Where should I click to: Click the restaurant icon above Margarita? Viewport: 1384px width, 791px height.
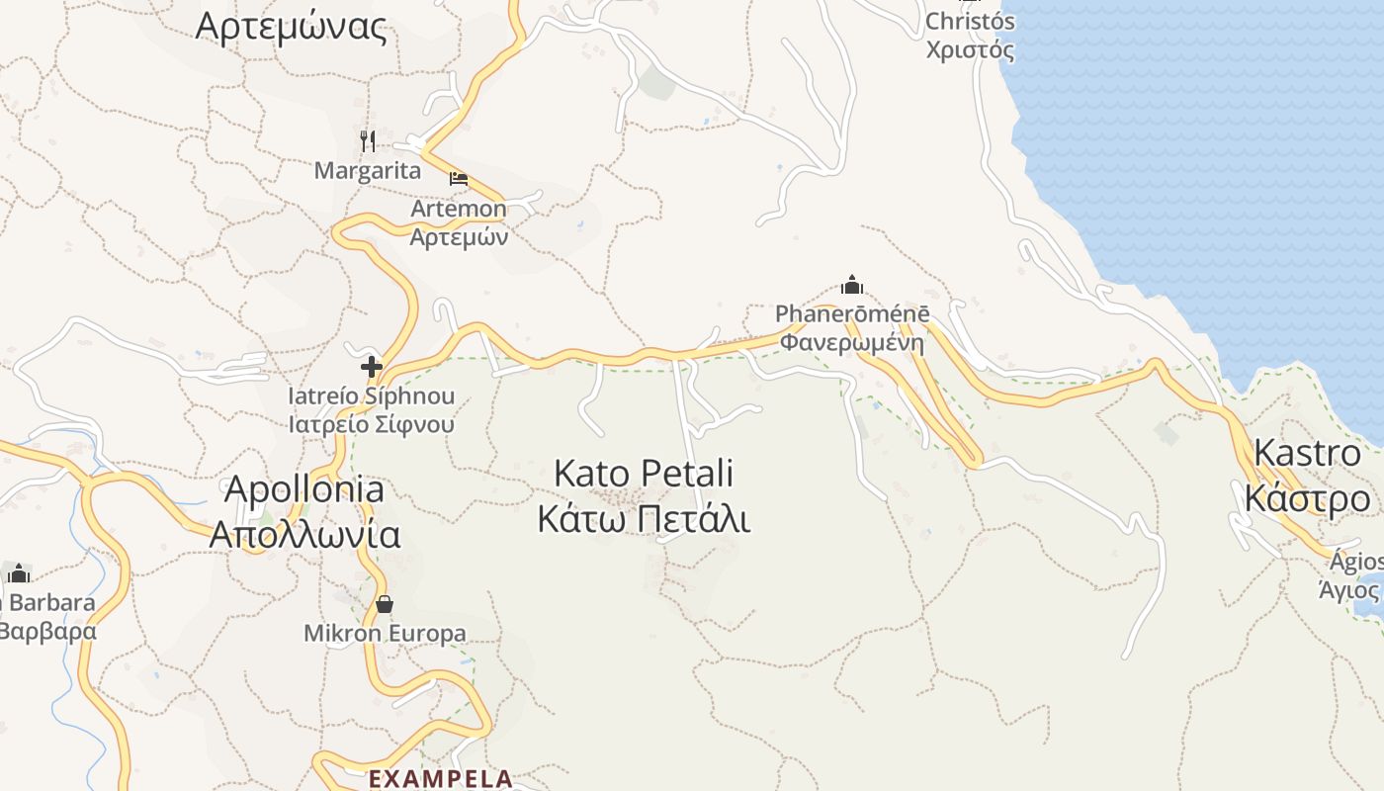pyautogui.click(x=368, y=141)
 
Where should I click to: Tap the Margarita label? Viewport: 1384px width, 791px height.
pyautogui.click(x=368, y=171)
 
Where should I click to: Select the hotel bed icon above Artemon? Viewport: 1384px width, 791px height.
pyautogui.click(x=459, y=179)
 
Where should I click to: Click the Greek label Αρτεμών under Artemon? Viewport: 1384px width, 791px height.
pyautogui.click(x=459, y=237)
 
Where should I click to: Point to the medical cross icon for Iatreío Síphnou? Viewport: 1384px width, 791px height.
pyautogui.click(x=372, y=368)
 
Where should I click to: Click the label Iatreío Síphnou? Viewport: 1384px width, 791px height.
pyautogui.click(x=372, y=396)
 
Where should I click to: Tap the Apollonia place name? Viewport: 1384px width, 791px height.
pyautogui.click(x=304, y=488)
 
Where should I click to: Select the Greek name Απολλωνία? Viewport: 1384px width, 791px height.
pyautogui.click(x=304, y=535)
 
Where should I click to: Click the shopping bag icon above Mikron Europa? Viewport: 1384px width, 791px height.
pyautogui.click(x=385, y=603)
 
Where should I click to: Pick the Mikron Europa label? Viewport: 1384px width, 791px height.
pyautogui.click(x=385, y=633)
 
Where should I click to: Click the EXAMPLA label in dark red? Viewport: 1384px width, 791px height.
pyautogui.click(x=441, y=778)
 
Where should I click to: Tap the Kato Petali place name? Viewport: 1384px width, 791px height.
pyautogui.click(x=644, y=473)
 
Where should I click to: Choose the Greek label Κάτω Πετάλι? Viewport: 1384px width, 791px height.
pyautogui.click(x=644, y=519)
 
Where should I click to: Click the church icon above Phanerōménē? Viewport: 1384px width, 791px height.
pyautogui.click(x=852, y=286)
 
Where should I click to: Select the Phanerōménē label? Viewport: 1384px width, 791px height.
pyautogui.click(x=852, y=314)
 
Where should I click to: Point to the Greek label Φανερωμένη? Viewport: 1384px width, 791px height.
pyautogui.click(x=852, y=343)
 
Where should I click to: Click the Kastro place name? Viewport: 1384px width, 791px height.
pyautogui.click(x=1307, y=453)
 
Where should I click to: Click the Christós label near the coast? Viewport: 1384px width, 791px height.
pyautogui.click(x=970, y=21)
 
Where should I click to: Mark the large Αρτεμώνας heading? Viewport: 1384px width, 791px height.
pyautogui.click(x=291, y=27)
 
